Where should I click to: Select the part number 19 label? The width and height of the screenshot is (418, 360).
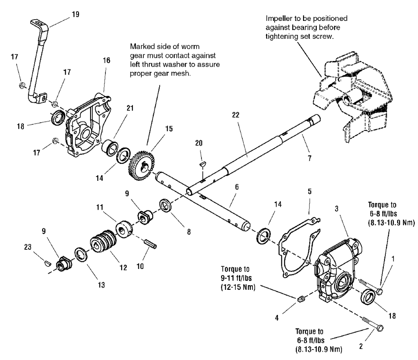click(76, 14)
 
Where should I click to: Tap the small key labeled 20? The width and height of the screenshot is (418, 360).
click(202, 164)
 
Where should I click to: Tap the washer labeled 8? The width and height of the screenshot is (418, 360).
click(166, 207)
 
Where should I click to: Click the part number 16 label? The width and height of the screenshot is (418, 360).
click(107, 60)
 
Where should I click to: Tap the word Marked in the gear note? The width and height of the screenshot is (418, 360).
click(141, 46)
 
